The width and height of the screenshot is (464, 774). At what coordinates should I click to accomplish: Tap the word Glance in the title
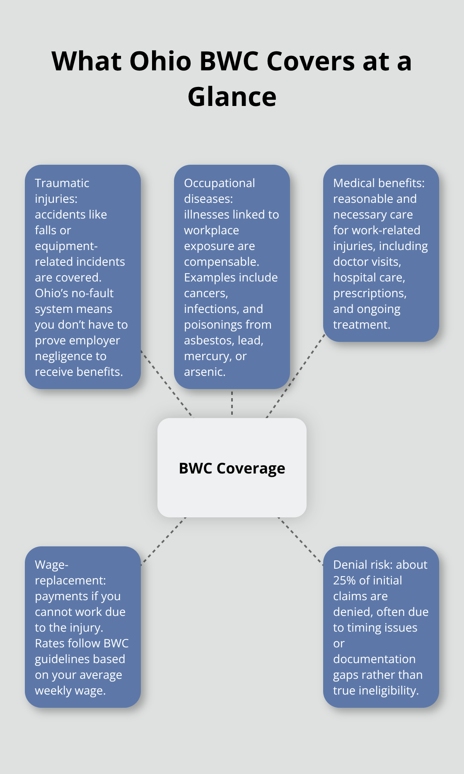pyautogui.click(x=232, y=97)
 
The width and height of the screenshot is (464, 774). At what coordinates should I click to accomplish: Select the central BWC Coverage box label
pyautogui.click(x=232, y=468)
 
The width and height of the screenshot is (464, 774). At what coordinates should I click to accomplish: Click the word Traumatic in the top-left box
pyautogui.click(x=62, y=183)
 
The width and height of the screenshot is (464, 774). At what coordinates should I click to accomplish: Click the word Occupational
pyautogui.click(x=220, y=183)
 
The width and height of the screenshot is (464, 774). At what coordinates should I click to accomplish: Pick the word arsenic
pyautogui.click(x=205, y=372)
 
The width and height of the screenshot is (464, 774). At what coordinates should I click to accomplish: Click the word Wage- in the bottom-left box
pyautogui.click(x=51, y=565)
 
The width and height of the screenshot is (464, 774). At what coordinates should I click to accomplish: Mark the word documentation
pyautogui.click(x=374, y=659)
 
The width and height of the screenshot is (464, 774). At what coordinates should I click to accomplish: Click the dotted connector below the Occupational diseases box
pyautogui.click(x=232, y=403)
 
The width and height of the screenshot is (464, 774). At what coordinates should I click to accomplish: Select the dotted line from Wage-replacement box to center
pyautogui.click(x=163, y=541)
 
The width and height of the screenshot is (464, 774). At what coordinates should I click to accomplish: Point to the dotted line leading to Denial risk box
pyautogui.click(x=301, y=541)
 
